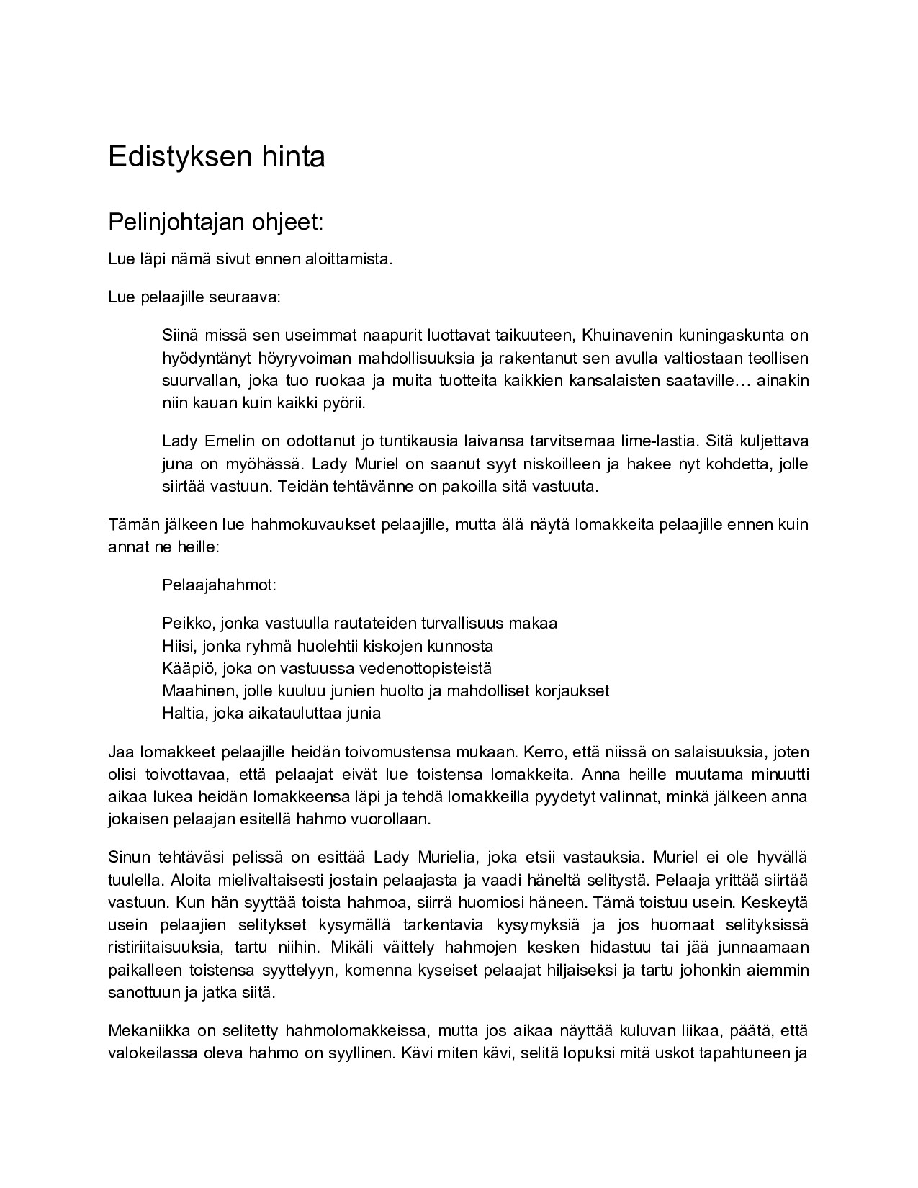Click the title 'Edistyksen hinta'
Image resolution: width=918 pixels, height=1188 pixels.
click(x=216, y=156)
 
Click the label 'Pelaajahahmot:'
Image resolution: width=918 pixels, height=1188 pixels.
click(x=219, y=585)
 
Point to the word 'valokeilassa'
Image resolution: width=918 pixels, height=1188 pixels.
click(x=149, y=1053)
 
